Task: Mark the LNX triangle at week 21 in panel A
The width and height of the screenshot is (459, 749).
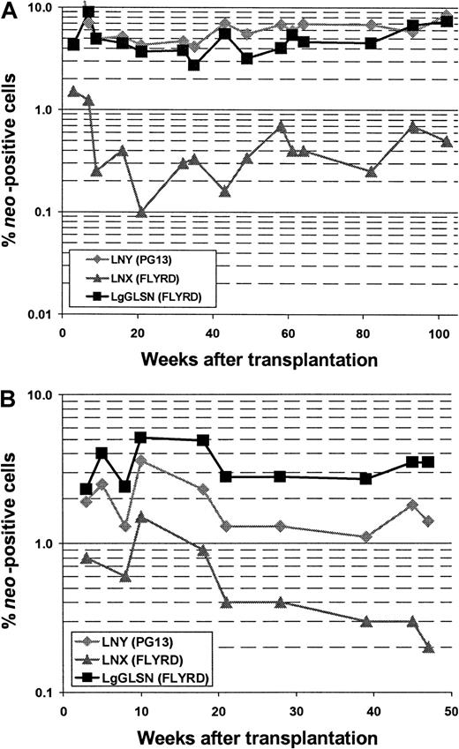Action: (x=141, y=212)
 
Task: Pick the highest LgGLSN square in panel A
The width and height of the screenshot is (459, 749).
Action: (x=88, y=13)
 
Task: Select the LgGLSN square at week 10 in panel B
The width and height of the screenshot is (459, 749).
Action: (x=140, y=438)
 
